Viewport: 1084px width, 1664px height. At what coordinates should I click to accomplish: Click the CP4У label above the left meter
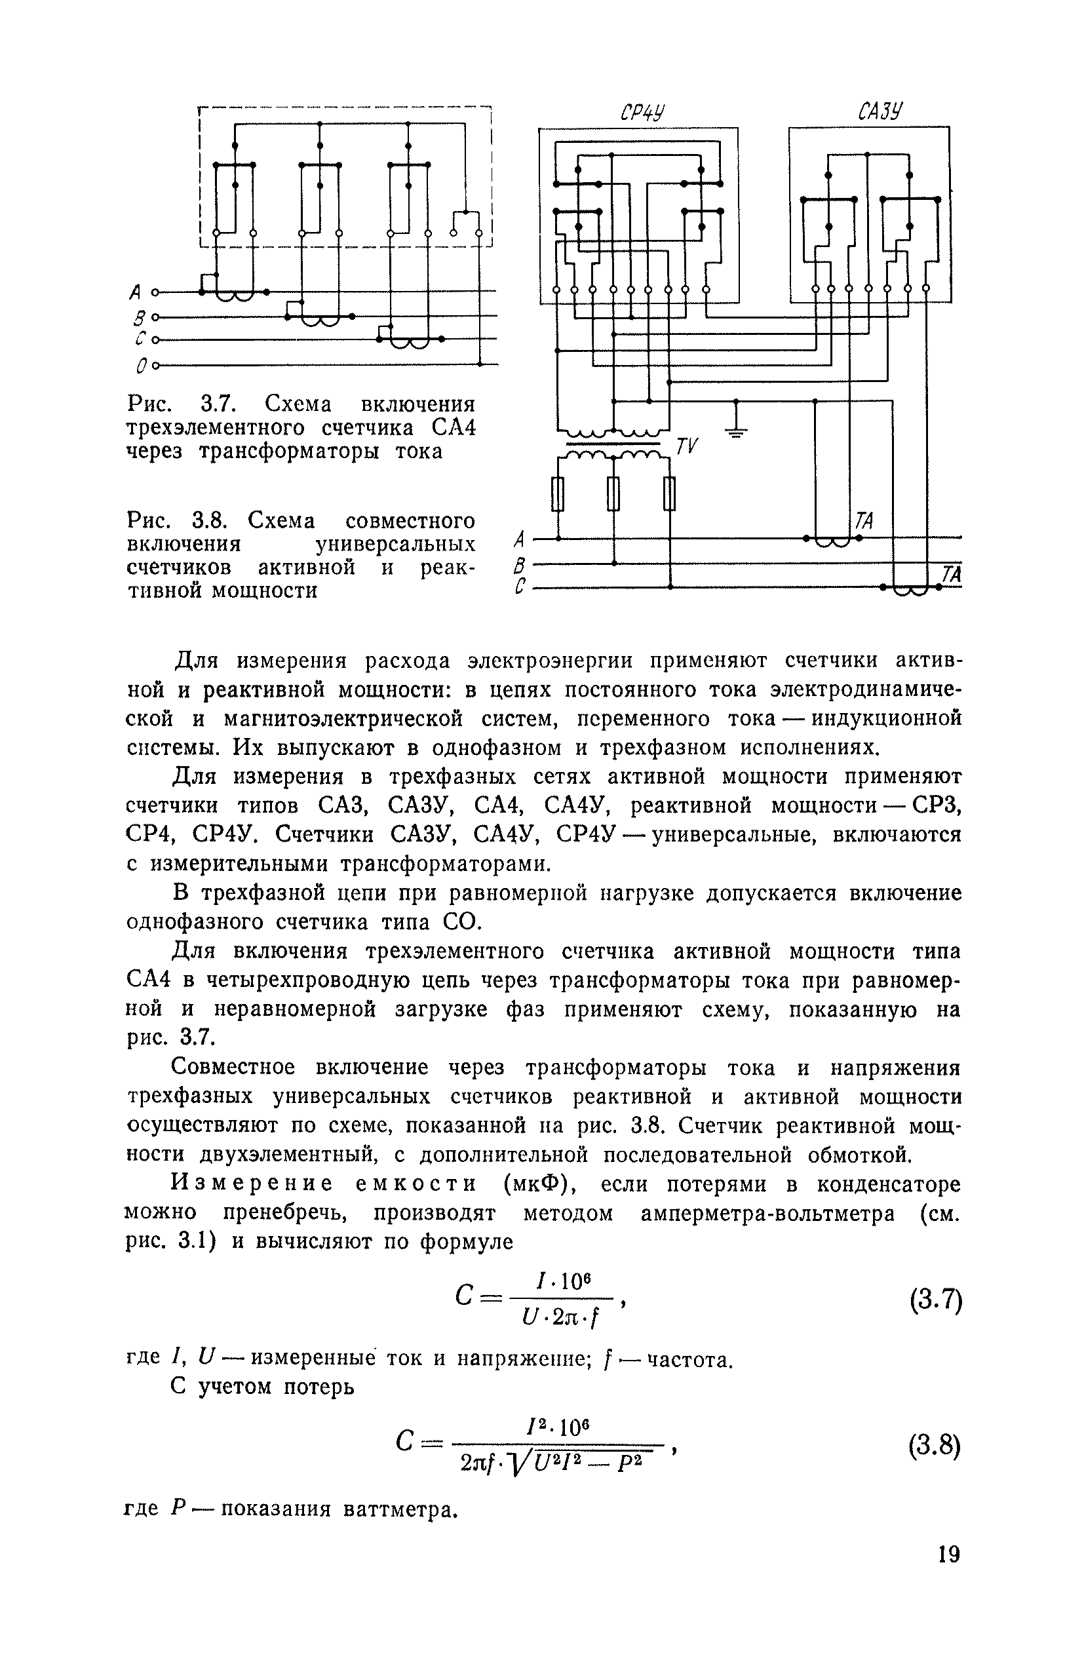tap(642, 113)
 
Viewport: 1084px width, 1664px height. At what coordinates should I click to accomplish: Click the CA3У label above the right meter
tap(880, 111)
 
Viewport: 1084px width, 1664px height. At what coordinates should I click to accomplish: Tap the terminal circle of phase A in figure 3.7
tap(156, 292)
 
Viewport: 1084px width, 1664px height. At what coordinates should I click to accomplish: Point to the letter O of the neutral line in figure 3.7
tap(142, 366)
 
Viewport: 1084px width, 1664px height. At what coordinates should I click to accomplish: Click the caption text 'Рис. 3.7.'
tap(179, 404)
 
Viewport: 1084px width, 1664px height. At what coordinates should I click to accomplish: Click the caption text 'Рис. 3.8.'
tap(179, 521)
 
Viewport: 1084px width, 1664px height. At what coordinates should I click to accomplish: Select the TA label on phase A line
tap(864, 521)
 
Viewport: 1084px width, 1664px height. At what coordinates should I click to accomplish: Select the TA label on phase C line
tap(951, 574)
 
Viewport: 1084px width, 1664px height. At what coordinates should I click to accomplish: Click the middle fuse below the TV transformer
tap(614, 493)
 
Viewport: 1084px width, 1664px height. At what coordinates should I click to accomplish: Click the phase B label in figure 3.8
tap(518, 564)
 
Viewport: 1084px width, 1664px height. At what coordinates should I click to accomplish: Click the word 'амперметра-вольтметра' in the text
tap(768, 1213)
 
